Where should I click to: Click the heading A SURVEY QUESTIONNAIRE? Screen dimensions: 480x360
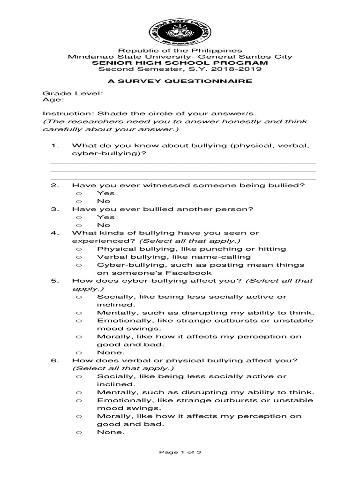(180, 81)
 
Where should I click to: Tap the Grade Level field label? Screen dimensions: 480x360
(73, 93)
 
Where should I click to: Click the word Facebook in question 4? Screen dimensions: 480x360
(191, 273)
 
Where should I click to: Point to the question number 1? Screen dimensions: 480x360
(54, 145)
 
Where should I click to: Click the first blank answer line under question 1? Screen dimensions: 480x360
(183, 164)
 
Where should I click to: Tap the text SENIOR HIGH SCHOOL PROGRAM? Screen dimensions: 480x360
(180, 63)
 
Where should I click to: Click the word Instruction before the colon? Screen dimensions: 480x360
(63, 113)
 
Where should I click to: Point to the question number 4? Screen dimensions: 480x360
(54, 233)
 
